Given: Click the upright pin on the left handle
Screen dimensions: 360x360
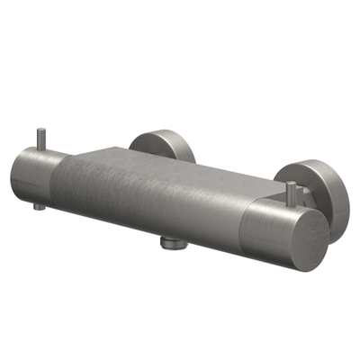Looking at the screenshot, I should point(40,142).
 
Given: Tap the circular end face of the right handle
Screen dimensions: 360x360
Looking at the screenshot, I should point(293,238).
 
